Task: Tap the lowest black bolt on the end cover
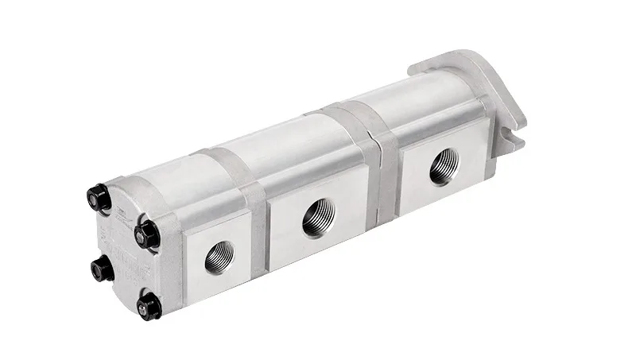[x=149, y=306]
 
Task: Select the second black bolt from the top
[x=148, y=232]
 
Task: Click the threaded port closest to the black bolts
[x=219, y=257]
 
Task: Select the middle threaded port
[x=318, y=216]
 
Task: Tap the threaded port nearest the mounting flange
[x=444, y=168]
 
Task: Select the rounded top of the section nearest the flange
[x=421, y=91]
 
